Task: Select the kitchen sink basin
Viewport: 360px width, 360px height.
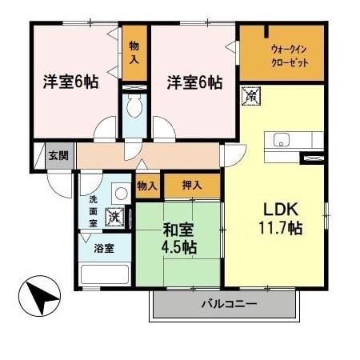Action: pos(282,141)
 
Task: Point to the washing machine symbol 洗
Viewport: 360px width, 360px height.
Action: pos(115,215)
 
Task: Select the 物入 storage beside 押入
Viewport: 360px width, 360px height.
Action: pos(146,186)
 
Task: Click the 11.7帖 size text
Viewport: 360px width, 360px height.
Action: pos(278,227)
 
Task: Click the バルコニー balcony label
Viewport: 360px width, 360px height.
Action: pos(228,305)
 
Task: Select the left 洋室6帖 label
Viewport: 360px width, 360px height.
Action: pos(70,82)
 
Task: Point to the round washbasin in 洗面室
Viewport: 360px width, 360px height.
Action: pos(120,192)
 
